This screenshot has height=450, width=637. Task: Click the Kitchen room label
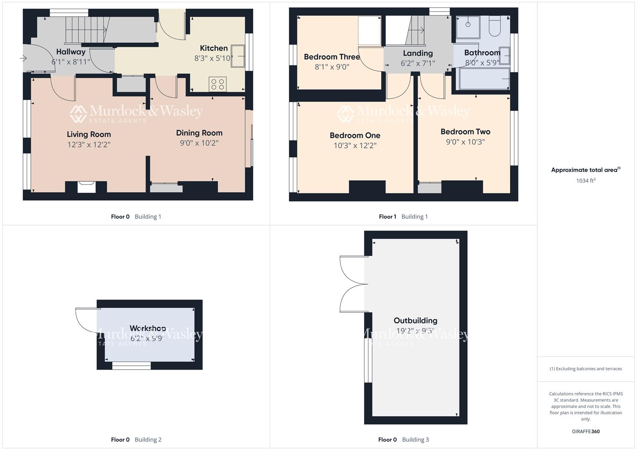click(214, 48)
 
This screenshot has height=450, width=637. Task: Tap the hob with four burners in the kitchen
click(218, 84)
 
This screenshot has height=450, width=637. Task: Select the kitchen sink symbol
click(239, 56)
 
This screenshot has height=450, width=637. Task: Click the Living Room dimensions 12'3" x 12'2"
click(89, 145)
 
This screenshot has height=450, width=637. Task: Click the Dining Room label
click(199, 133)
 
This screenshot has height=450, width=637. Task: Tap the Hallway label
click(71, 52)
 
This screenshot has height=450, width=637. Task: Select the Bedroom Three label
click(332, 57)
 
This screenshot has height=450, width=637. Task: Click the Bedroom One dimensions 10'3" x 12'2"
click(355, 145)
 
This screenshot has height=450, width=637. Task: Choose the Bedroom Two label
click(465, 132)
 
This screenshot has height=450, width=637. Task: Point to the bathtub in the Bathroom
click(484, 79)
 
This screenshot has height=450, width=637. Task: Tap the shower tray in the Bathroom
click(468, 27)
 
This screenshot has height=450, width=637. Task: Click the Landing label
click(418, 53)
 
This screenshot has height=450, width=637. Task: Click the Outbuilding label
click(415, 320)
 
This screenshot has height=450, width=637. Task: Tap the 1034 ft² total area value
click(586, 180)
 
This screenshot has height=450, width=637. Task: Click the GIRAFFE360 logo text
click(586, 431)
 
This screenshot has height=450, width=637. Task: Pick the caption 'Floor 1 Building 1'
click(403, 217)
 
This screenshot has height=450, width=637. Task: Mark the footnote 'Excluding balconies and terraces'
click(586, 369)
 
